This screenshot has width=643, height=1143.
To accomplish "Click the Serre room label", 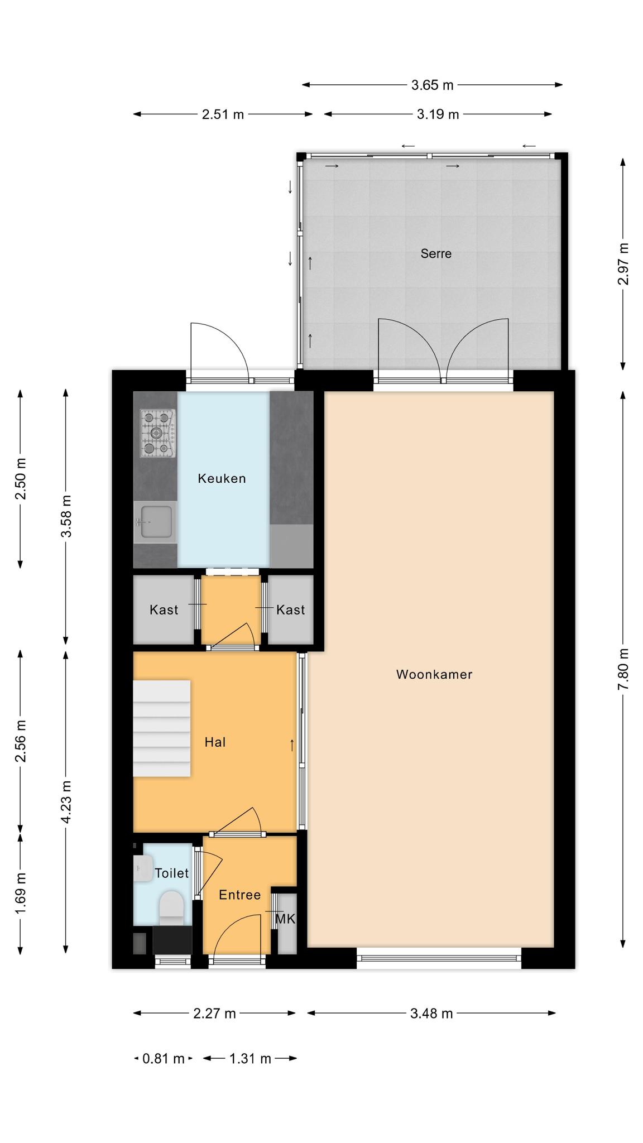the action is (436, 254).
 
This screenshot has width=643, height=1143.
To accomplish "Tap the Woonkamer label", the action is (434, 674).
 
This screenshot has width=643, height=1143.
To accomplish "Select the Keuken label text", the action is (222, 478).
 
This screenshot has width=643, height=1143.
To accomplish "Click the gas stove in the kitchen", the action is (158, 433).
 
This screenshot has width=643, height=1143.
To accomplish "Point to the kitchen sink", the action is (155, 522).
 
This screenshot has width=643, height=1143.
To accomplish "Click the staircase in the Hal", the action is (162, 728).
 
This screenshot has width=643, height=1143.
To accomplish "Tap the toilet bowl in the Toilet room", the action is (171, 906).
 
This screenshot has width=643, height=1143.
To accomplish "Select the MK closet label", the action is (286, 919).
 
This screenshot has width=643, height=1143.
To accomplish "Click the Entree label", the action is (240, 895).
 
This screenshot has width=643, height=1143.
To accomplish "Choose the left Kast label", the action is (164, 609).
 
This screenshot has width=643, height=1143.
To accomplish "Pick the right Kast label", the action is (291, 609).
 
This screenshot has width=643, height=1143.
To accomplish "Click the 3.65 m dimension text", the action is (433, 85).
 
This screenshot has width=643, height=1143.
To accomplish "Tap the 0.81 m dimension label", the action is (164, 1058).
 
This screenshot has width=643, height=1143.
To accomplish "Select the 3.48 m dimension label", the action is (431, 1014).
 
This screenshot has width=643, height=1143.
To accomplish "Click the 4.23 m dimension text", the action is (66, 801).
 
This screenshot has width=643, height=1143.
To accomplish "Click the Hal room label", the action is (215, 742).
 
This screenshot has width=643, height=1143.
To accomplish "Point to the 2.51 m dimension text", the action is (223, 114).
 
